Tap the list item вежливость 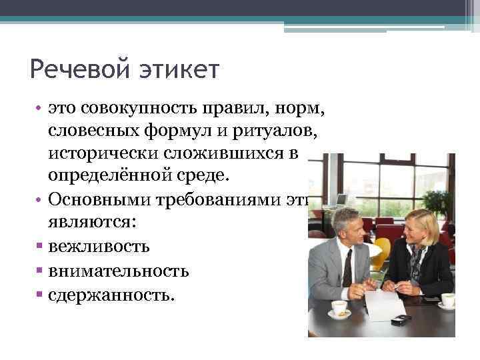[x=99, y=247]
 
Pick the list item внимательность [x=119, y=271]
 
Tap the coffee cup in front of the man [x=339, y=308]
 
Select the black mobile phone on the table [x=401, y=320]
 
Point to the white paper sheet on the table [x=385, y=304]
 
